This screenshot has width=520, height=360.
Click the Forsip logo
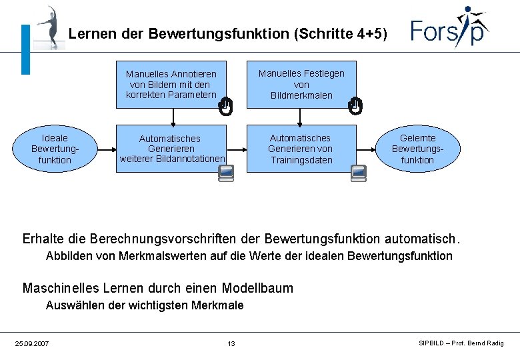449,28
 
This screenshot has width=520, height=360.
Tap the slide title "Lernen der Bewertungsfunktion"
227,33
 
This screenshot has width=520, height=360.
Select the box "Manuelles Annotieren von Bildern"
171,85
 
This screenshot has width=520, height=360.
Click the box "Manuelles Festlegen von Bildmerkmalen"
301,84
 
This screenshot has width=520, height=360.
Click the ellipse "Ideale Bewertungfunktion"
55,149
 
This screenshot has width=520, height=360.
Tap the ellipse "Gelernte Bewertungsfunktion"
417,149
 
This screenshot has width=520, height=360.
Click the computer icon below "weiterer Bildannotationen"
227,174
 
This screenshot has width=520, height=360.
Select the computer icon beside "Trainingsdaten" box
358,173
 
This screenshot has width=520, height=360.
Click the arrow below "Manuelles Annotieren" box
173,116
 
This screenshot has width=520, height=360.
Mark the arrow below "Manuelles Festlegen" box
303,116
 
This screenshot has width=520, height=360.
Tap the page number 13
231,343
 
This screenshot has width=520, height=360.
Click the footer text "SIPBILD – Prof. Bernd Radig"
461,343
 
